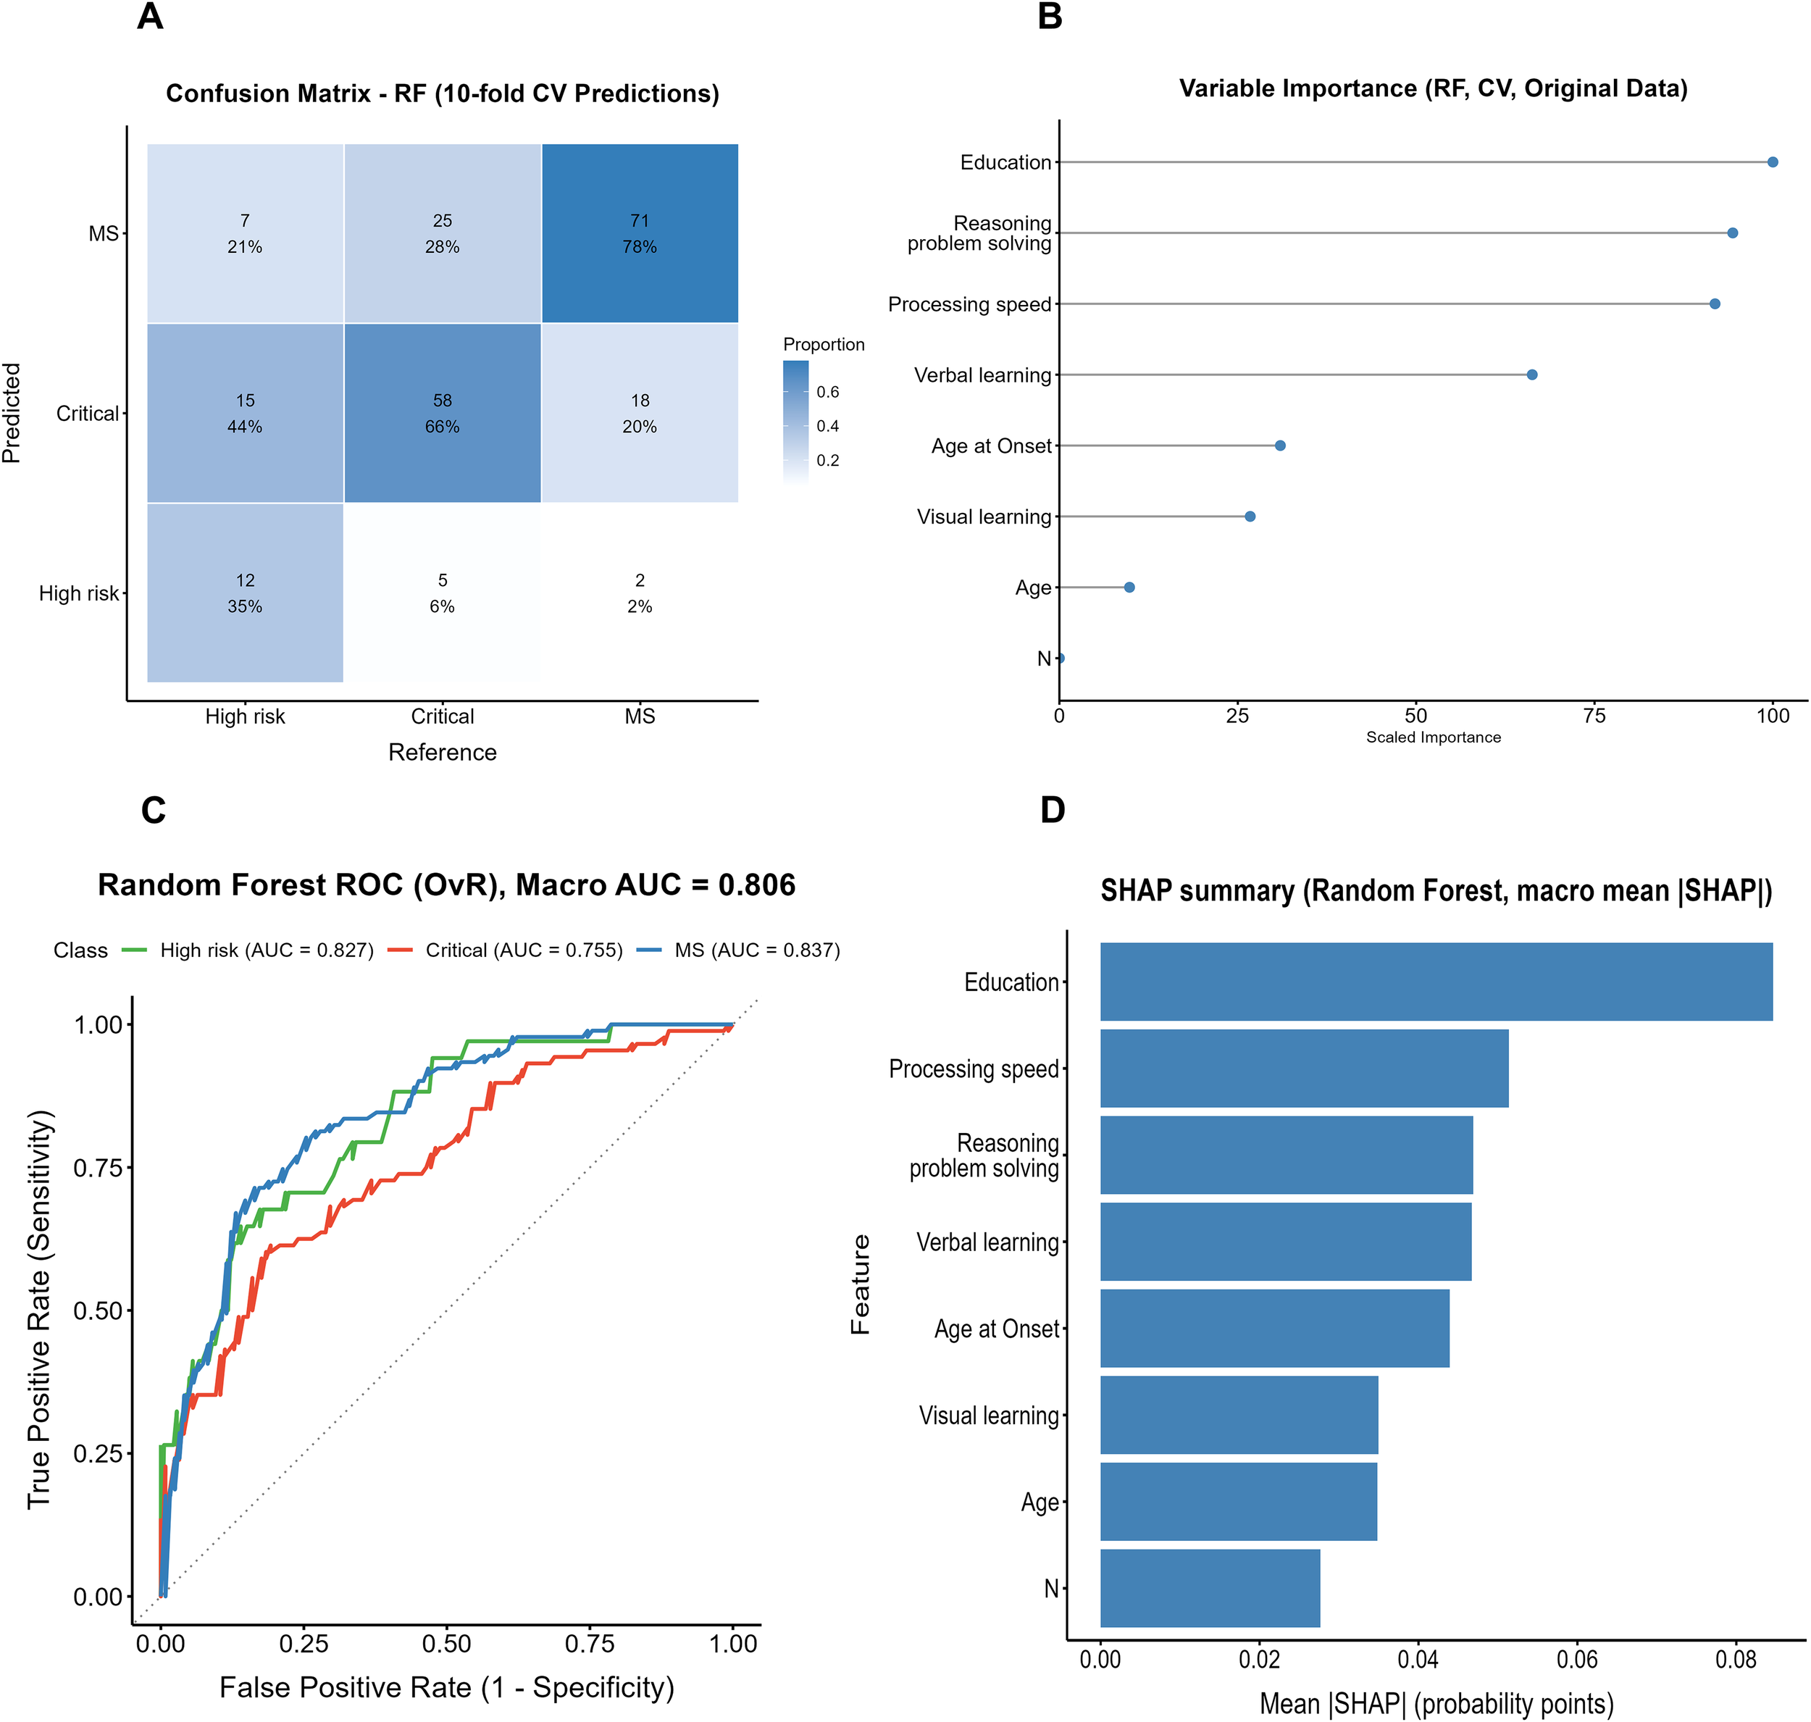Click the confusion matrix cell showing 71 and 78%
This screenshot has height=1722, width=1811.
[640, 233]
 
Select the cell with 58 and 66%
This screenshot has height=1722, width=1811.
[443, 413]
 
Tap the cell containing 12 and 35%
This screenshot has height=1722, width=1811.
[245, 593]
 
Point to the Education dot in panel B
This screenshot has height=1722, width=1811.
[1773, 162]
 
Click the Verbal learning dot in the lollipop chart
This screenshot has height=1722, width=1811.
[1532, 375]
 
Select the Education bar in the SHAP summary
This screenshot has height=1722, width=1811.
[1436, 981]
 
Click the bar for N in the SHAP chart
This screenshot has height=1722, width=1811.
[1210, 1588]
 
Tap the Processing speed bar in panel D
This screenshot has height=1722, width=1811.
[1303, 1068]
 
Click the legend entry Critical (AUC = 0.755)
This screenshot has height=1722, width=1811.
[523, 950]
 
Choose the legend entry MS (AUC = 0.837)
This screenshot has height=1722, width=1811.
[757, 950]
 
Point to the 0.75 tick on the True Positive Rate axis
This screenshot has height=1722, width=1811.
[99, 1168]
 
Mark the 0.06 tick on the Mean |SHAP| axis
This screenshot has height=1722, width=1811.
[1577, 1660]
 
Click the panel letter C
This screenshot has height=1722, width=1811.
[154, 811]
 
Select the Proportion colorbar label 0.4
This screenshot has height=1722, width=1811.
[828, 426]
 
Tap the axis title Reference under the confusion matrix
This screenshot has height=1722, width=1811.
[443, 753]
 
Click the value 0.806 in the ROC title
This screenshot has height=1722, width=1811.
[756, 885]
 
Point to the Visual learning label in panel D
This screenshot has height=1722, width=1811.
[989, 1416]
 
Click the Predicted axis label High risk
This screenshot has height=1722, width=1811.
[79, 594]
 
